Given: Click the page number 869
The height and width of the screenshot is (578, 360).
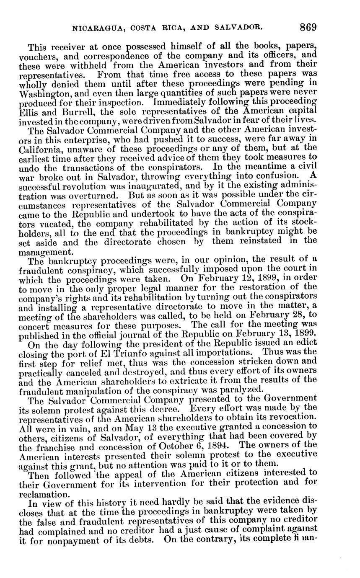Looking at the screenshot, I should click(x=308, y=28).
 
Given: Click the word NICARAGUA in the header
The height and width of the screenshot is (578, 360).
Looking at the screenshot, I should click(x=96, y=28).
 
